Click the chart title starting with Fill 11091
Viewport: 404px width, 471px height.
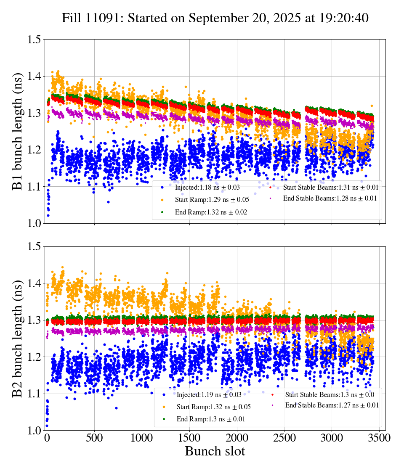tap(215, 18)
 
